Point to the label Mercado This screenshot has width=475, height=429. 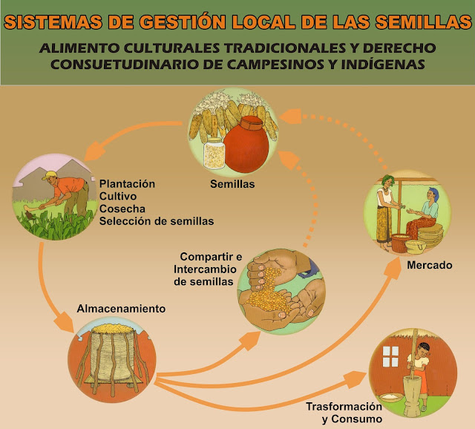430,264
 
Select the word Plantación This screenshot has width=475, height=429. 127,183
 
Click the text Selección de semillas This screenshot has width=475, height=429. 157,221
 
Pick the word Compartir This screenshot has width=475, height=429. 198,257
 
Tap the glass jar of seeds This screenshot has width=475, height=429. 214,152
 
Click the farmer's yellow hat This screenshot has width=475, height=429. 50,176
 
